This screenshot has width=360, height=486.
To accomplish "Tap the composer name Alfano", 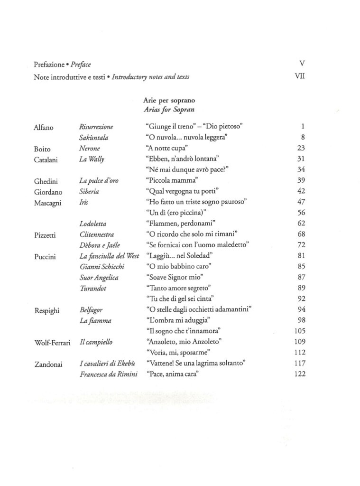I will point(44,127).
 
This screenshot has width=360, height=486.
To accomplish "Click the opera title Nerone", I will point(90,149).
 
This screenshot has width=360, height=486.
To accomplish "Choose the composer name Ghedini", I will point(46,181).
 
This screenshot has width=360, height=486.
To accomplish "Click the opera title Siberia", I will point(89,191).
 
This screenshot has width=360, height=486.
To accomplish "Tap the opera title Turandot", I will point(92,288).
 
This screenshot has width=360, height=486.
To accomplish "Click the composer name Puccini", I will point(45,256).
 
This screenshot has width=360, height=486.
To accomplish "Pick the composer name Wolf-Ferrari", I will point(53,342).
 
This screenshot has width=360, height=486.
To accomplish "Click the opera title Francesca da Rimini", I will point(109,374).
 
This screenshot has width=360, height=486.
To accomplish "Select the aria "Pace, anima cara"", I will point(169,374).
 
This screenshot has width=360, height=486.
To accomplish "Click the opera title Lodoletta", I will point(93,223).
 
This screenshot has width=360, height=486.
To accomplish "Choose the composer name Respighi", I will point(47,310).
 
